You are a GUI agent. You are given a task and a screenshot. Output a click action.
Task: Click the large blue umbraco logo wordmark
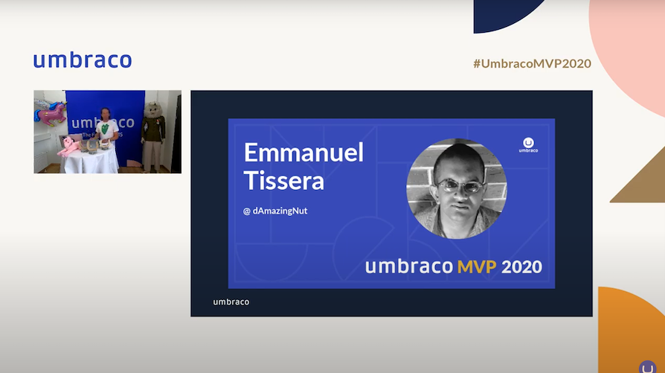pyautogui.click(x=82, y=60)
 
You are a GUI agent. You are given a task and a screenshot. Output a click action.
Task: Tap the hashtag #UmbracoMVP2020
pyautogui.click(x=532, y=63)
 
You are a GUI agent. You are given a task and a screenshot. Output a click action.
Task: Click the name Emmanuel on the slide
pyautogui.click(x=303, y=153)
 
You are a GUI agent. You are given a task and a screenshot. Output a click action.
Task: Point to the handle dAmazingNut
pyautogui.click(x=280, y=211)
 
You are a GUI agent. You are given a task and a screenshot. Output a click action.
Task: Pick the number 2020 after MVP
pyautogui.click(x=522, y=267)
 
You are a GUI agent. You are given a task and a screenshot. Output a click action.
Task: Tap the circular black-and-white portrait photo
pyautogui.click(x=456, y=188)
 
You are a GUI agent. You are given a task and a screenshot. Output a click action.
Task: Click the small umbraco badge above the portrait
pyautogui.click(x=528, y=144)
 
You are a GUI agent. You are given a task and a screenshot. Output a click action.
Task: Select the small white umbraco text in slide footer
pyautogui.click(x=231, y=302)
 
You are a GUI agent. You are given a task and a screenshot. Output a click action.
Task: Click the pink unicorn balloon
pyautogui.click(x=50, y=115)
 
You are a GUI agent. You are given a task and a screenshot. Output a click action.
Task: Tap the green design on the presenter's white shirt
pyautogui.click(x=106, y=129)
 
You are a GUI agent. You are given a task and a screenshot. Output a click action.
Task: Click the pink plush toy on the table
pyautogui.click(x=68, y=144)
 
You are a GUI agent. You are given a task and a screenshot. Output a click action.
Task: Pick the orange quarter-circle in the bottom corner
pyautogui.click(x=632, y=328)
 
